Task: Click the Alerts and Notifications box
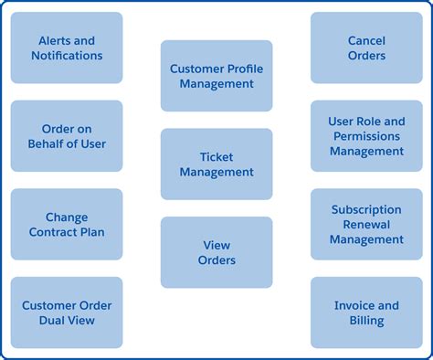pyautogui.click(x=67, y=48)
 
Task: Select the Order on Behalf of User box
pyautogui.click(x=67, y=136)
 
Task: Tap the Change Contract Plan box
pyautogui.click(x=67, y=225)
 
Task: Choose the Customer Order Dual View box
pyautogui.click(x=67, y=312)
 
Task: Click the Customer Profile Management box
pyautogui.click(x=216, y=76)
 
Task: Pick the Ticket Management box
pyautogui.click(x=216, y=164)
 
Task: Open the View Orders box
pyautogui.click(x=216, y=252)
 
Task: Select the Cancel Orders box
pyautogui.click(x=366, y=48)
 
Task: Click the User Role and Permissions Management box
pyautogui.click(x=366, y=136)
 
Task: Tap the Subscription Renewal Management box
pyautogui.click(x=366, y=225)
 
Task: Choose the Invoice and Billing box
pyautogui.click(x=366, y=312)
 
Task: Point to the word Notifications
pyautogui.click(x=67, y=56)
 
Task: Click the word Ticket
pyautogui.click(x=216, y=156)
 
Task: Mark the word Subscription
pyautogui.click(x=366, y=210)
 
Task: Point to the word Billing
pyautogui.click(x=366, y=321)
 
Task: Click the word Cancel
pyautogui.click(x=366, y=40)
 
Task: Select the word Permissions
pyautogui.click(x=366, y=136)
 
